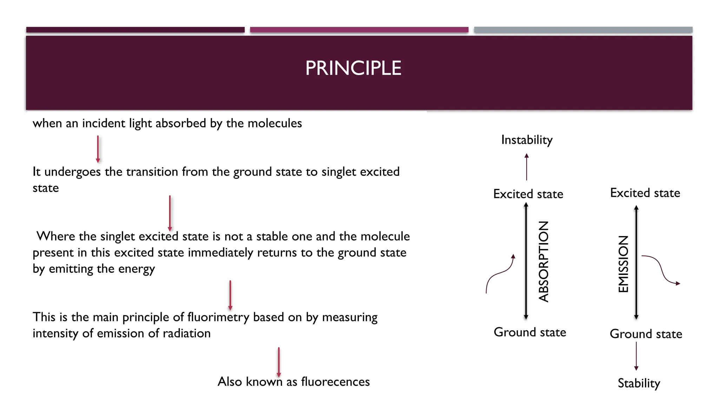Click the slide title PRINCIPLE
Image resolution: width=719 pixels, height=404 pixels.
click(x=353, y=68)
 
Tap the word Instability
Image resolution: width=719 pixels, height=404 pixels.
click(x=527, y=140)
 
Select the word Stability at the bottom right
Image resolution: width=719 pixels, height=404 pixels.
click(x=639, y=383)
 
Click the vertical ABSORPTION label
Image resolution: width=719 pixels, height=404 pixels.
click(x=543, y=262)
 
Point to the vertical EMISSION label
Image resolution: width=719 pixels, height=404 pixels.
click(x=623, y=264)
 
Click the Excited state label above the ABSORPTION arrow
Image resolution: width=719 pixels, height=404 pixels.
click(x=528, y=194)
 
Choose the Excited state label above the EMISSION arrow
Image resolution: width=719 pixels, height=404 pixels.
click(x=645, y=193)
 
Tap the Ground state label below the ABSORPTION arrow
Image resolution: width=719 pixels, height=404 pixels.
click(x=530, y=332)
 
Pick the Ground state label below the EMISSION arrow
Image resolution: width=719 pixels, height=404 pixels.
click(x=646, y=334)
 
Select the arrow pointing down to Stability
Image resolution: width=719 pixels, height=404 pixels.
click(x=636, y=356)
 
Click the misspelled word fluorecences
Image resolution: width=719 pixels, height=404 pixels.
click(x=335, y=382)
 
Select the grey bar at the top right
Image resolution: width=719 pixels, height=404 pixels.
click(x=583, y=30)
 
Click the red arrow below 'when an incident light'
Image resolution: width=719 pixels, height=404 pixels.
click(x=98, y=149)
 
